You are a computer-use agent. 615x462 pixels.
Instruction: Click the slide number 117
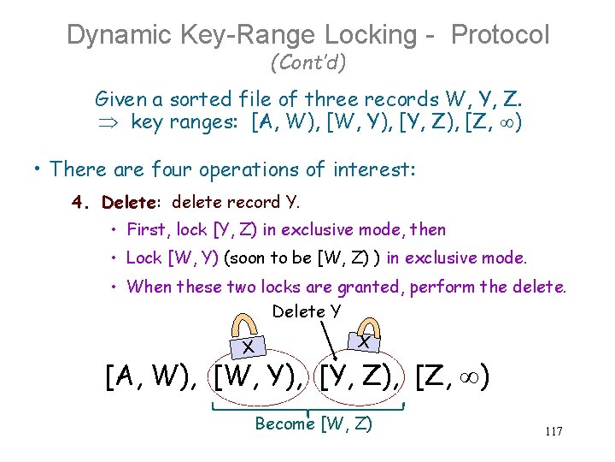(x=553, y=431)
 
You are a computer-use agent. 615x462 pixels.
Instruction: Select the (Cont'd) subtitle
(x=307, y=62)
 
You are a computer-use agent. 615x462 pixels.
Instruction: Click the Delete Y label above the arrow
(x=306, y=311)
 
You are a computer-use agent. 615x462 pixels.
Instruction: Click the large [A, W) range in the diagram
(x=151, y=376)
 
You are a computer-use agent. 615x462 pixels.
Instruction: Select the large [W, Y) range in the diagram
(x=260, y=376)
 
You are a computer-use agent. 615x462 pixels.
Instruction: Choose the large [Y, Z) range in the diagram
(x=362, y=376)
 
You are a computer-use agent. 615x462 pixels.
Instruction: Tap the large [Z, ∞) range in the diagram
(x=451, y=376)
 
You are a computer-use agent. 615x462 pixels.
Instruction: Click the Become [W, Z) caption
(x=313, y=423)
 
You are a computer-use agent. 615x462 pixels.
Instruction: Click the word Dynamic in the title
(x=120, y=35)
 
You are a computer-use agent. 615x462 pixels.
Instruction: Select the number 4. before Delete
(x=82, y=203)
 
